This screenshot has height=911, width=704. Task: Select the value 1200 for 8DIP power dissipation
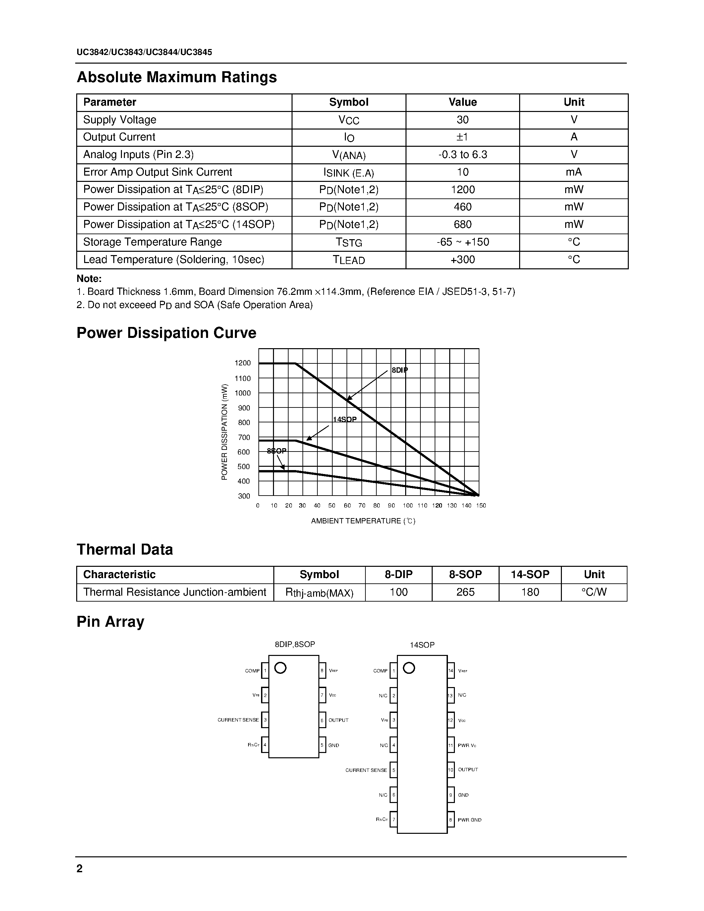tap(462, 190)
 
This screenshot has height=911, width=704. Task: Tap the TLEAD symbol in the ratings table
tap(349, 260)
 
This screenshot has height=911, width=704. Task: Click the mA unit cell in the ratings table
tap(573, 172)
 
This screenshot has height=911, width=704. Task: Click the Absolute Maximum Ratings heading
tap(177, 77)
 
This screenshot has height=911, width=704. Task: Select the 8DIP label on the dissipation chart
tap(399, 370)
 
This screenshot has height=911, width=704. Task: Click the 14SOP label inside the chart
tap(345, 419)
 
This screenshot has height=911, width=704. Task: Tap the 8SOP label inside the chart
tap(277, 451)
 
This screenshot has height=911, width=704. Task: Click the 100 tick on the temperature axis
tap(407, 506)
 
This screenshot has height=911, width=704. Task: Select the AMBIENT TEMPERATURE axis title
tap(363, 521)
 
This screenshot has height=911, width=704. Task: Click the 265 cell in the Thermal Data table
tap(465, 592)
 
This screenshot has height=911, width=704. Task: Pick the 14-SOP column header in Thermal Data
tap(530, 575)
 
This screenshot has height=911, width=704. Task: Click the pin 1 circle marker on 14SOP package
tap(409, 668)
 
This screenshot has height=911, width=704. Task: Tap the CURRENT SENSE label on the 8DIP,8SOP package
tap(238, 720)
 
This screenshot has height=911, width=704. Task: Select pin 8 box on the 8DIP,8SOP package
tap(322, 671)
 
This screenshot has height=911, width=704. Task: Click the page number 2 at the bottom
tap(80, 869)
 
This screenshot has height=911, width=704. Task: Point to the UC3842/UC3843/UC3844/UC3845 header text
tap(144, 53)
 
